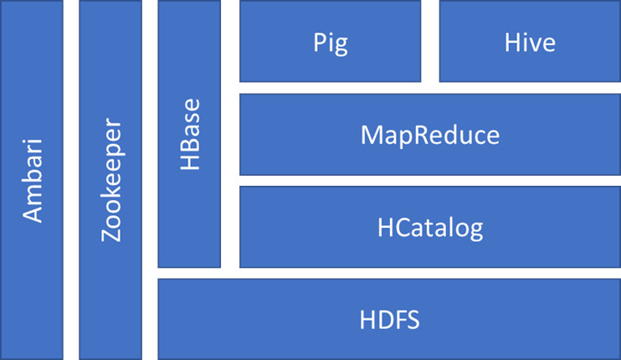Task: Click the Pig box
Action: (330, 42)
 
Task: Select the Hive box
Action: (530, 42)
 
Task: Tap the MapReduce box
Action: (429, 135)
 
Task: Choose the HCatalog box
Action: (429, 227)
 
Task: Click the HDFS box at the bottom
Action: (388, 319)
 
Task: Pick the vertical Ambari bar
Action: (32, 180)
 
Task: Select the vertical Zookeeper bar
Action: (110, 180)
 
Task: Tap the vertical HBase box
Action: (189, 134)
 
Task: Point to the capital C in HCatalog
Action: (403, 227)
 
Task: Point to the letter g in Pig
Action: (340, 44)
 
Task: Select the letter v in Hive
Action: (533, 43)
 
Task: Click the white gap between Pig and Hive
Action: (430, 42)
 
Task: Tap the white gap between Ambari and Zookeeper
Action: (71, 180)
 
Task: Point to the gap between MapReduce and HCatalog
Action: (429, 181)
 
